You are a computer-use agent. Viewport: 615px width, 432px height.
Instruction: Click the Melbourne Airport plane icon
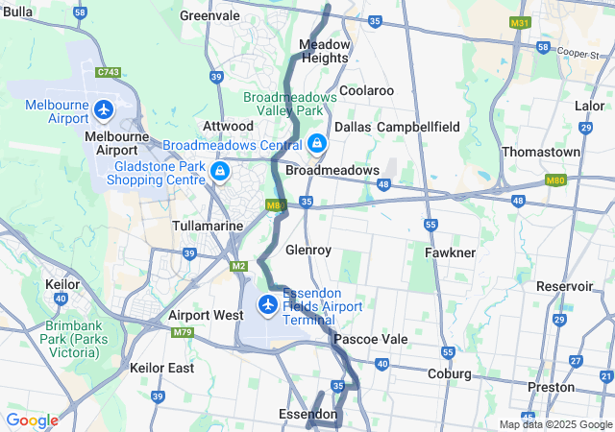(x=104, y=110)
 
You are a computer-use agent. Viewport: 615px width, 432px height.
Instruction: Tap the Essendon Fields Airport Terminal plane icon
(x=267, y=306)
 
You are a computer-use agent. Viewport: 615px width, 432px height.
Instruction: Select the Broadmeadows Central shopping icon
(x=316, y=145)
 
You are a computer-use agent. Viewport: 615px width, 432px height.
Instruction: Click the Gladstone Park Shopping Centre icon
(x=220, y=172)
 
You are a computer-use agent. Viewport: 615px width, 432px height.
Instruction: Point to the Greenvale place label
(x=209, y=16)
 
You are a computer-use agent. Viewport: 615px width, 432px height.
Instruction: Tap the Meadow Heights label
(x=324, y=51)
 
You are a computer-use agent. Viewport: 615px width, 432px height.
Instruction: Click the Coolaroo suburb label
(x=366, y=90)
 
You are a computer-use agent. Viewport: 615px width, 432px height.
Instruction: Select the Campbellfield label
(x=418, y=127)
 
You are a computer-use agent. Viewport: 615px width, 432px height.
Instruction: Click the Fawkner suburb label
(x=450, y=252)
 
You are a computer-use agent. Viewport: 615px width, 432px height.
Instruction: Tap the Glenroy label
(x=308, y=250)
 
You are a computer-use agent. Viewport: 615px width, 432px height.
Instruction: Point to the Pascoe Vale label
(x=371, y=340)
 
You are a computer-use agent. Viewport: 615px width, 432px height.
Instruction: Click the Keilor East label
(x=161, y=368)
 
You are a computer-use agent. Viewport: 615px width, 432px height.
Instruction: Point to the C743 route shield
(x=109, y=72)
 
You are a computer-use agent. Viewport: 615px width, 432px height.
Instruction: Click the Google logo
(x=32, y=420)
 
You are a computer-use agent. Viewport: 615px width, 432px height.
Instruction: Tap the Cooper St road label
(x=578, y=53)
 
